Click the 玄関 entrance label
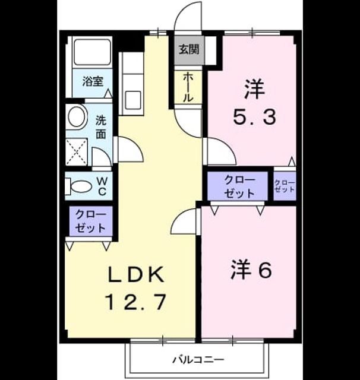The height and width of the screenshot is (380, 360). point(189,49)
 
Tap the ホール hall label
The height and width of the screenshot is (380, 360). point(188,87)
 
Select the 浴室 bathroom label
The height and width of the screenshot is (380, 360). point(93,81)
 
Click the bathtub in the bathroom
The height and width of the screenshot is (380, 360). point(92,52)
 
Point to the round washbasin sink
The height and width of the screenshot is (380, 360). point(78,116)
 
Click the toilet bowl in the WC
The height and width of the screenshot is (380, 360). point(82,186)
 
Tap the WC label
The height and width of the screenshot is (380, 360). point(102,186)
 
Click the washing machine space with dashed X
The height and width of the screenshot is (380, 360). point(77,152)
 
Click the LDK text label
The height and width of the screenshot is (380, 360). point(136,275)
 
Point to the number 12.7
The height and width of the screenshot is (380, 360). point(136,302)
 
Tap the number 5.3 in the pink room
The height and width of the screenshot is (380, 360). point(254,117)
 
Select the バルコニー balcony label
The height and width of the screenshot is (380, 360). point(198,360)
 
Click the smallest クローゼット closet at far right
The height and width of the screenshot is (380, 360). point(285,186)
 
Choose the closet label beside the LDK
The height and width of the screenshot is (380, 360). point(91,221)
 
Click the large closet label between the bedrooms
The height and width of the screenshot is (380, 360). point(239,186)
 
